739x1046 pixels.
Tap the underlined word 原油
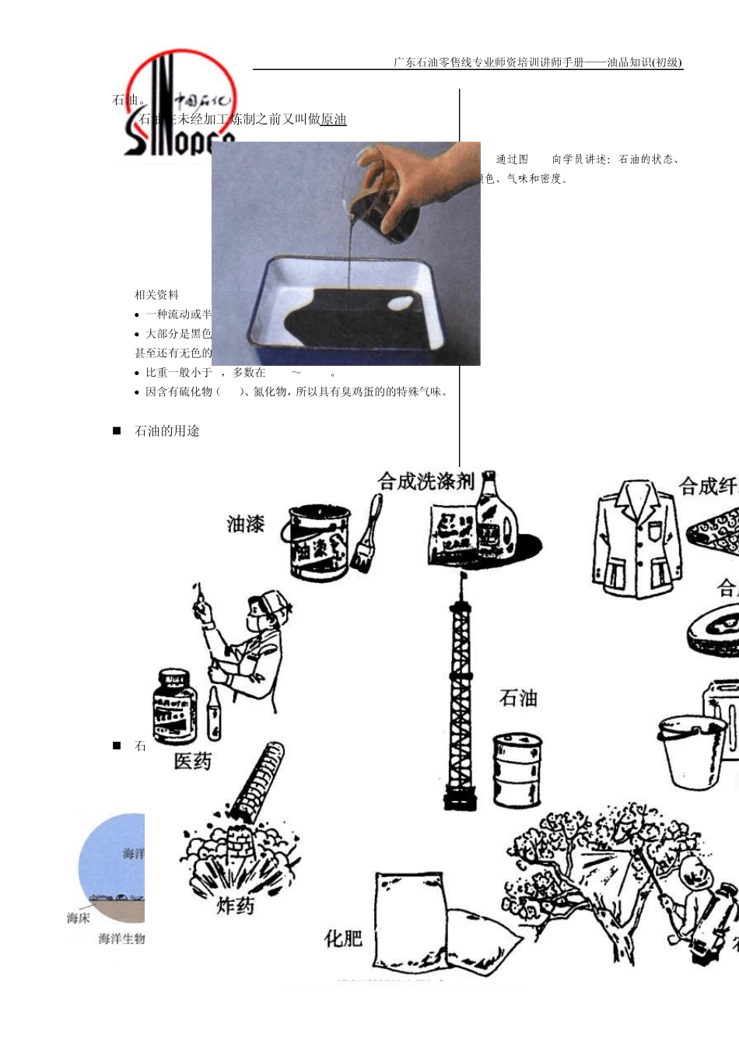(x=333, y=119)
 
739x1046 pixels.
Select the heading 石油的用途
(x=167, y=431)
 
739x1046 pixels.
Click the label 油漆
(x=246, y=524)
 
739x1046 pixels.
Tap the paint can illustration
(x=319, y=543)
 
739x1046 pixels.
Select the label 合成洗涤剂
(x=426, y=482)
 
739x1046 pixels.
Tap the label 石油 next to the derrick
(x=518, y=698)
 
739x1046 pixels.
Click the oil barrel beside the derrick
(x=517, y=770)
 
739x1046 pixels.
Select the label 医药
(x=192, y=760)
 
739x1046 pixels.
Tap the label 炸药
(x=235, y=905)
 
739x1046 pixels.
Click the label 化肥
(x=343, y=938)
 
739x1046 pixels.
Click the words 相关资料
(x=156, y=295)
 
